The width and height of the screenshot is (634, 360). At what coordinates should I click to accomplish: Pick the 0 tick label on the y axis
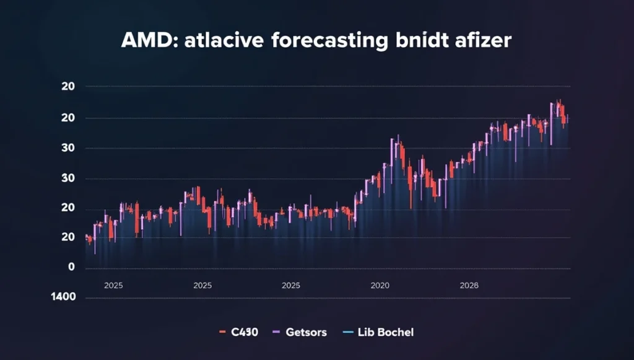[71, 267]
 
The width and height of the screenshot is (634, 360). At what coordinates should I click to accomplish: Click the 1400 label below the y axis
[64, 296]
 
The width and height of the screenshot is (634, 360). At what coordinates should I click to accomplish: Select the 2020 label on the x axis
[380, 286]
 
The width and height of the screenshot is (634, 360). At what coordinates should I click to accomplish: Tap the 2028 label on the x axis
[469, 286]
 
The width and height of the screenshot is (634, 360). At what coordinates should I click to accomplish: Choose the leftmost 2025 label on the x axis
[114, 286]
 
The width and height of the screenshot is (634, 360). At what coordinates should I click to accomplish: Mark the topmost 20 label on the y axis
[68, 87]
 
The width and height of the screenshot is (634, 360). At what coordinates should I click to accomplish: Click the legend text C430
[244, 333]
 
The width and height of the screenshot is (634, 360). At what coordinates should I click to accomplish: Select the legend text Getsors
[306, 333]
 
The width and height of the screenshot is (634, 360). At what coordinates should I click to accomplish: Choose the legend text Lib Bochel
[386, 333]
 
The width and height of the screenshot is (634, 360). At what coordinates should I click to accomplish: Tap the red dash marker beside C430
[221, 333]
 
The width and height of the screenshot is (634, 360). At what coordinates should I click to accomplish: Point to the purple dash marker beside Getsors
[276, 333]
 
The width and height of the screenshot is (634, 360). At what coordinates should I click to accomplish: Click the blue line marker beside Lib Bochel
[347, 333]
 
